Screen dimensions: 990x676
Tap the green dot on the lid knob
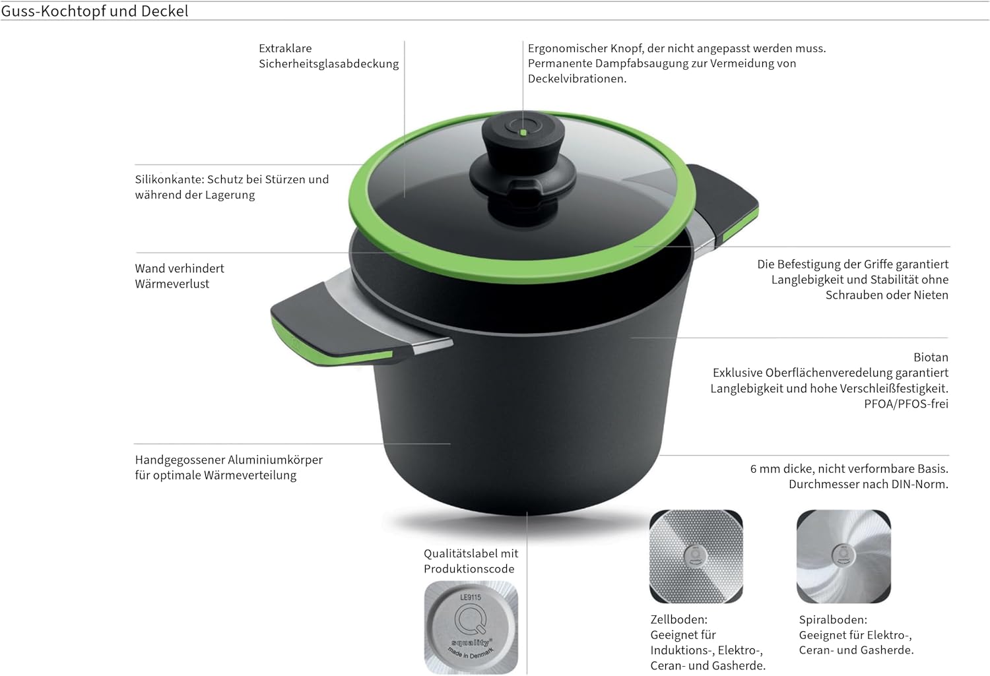[523, 133]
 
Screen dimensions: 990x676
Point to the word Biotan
[931, 357]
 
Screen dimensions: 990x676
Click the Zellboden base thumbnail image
[696, 557]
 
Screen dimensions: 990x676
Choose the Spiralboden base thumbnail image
[843, 557]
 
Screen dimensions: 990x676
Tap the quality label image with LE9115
[471, 627]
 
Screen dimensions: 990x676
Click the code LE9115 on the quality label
[470, 598]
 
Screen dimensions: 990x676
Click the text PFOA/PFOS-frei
[906, 404]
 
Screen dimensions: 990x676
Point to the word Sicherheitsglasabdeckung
[329, 64]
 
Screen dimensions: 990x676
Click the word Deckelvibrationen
[577, 79]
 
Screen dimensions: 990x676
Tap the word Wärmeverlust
[172, 284]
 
